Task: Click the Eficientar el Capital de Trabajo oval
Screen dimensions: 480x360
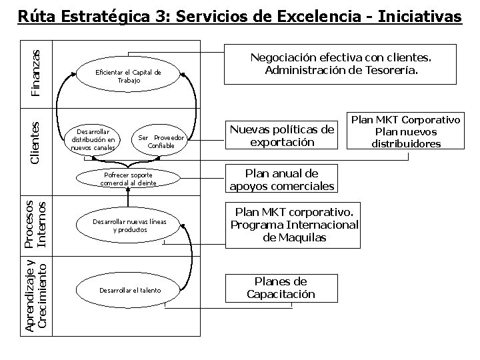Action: [129, 76]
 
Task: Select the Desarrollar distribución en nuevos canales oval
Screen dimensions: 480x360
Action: [94, 139]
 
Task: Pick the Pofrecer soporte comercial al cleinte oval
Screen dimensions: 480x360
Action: [128, 179]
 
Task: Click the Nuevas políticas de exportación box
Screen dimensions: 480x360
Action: [281, 135]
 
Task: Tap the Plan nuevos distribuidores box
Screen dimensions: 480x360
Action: [406, 132]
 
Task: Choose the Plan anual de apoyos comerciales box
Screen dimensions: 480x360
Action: [281, 179]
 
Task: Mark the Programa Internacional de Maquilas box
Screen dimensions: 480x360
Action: [295, 225]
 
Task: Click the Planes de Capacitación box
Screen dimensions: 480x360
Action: [281, 288]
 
